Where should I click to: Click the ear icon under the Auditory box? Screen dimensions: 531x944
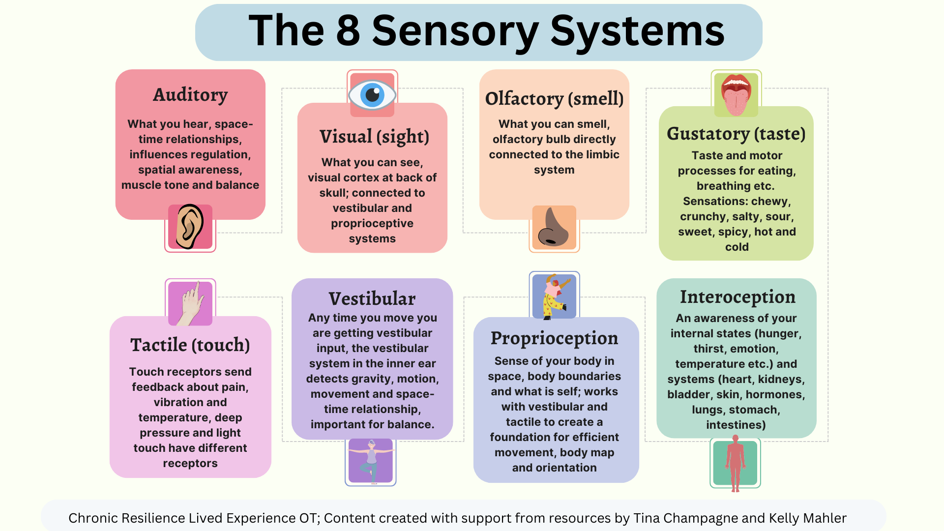pos(190,227)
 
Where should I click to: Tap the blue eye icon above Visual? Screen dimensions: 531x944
pos(372,94)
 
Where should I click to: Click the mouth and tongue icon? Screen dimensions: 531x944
pos(736,94)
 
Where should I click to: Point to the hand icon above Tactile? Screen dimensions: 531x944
pos(190,303)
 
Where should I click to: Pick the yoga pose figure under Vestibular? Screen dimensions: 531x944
pos(371,461)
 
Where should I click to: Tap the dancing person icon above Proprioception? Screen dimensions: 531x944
pos(555,296)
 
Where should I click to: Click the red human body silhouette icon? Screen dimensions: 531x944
pos(735,463)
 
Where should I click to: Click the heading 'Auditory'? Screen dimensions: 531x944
pos(190,94)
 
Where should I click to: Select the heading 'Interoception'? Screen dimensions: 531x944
pos(737,297)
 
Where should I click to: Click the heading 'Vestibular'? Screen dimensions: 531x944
pos(372,298)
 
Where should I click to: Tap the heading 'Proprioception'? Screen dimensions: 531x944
pos(554,338)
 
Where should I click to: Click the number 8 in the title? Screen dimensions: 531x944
pos(348,30)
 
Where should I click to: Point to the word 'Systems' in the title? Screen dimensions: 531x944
pos(637,30)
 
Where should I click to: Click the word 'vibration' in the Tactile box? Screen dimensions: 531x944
pos(176,402)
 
